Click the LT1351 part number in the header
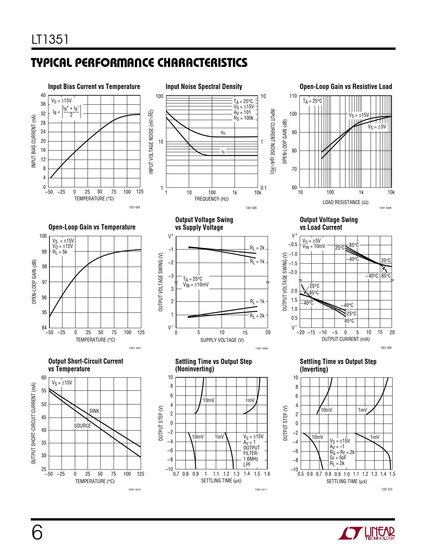pyautogui.click(x=50, y=39)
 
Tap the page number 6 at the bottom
pyautogui.click(x=37, y=532)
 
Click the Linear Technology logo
pyautogui.click(x=366, y=533)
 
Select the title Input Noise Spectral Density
pyautogui.click(x=204, y=87)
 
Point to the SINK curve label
pyautogui.click(x=94, y=411)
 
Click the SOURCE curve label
pyautogui.click(x=82, y=426)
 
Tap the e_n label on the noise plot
pyautogui.click(x=223, y=132)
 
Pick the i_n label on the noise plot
pyautogui.click(x=223, y=152)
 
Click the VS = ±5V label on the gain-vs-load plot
pyautogui.click(x=377, y=127)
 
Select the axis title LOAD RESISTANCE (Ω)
pyautogui.click(x=345, y=202)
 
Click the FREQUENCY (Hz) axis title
pyautogui.click(x=211, y=199)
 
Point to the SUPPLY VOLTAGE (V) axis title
pyautogui.click(x=222, y=340)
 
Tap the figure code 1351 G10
pyautogui.click(x=134, y=489)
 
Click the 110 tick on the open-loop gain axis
pyautogui.click(x=293, y=96)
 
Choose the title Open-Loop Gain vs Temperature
pyautogui.click(x=92, y=227)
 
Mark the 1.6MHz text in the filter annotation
pyautogui.click(x=251, y=459)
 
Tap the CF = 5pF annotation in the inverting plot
pyautogui.click(x=338, y=458)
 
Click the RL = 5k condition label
pyautogui.click(x=60, y=252)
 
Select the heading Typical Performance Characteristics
pyautogui.click(x=139, y=63)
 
